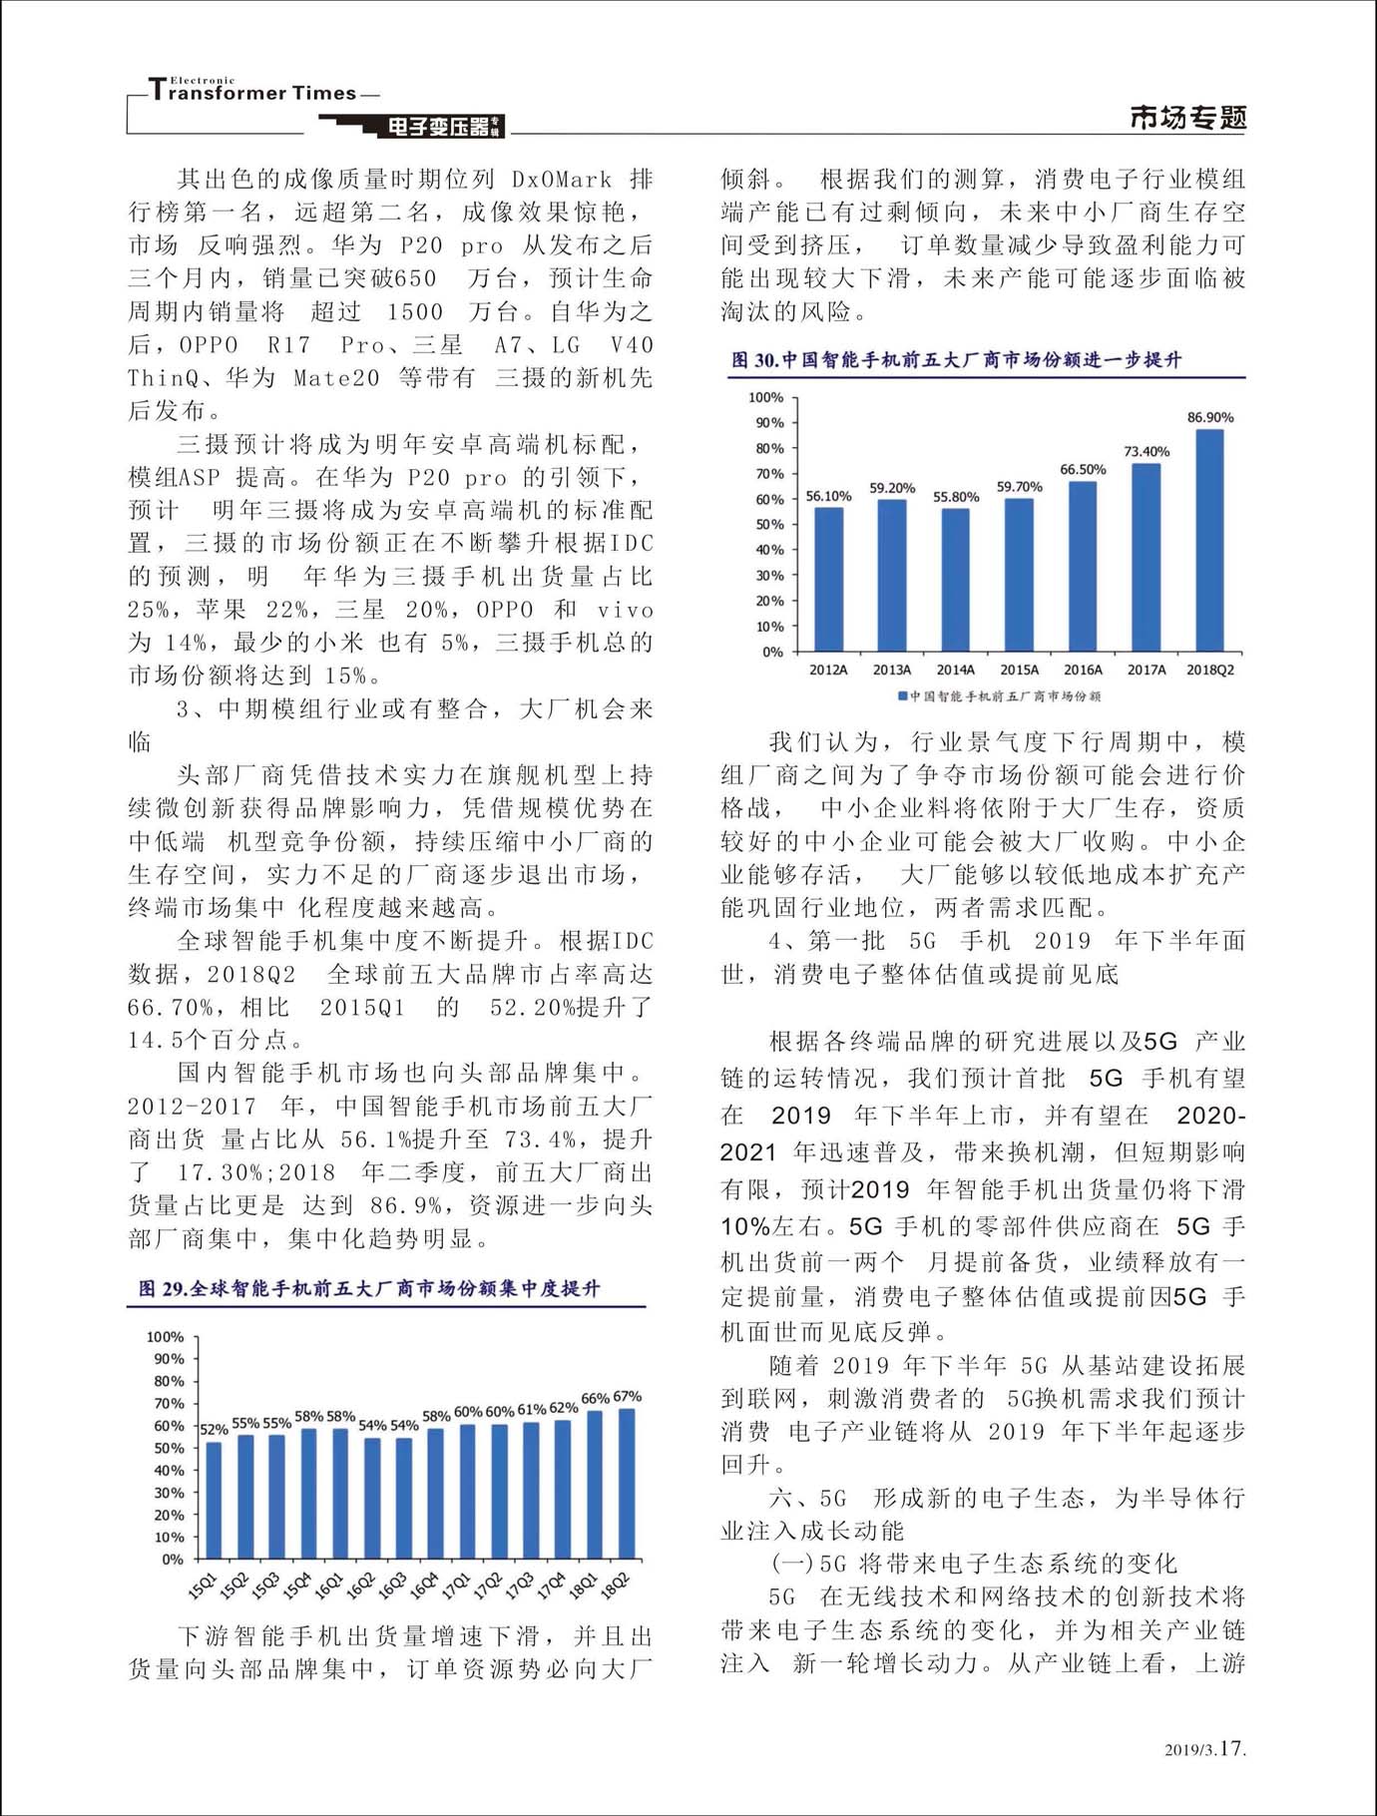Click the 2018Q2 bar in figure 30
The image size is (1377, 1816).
pyautogui.click(x=1209, y=541)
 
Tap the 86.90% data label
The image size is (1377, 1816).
pyautogui.click(x=1210, y=417)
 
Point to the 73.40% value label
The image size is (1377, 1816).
pyautogui.click(x=1147, y=451)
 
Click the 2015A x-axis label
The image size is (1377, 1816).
pyautogui.click(x=1019, y=670)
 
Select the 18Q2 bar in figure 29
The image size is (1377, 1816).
pyautogui.click(x=627, y=1484)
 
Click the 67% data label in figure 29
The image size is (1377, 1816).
pyautogui.click(x=628, y=1396)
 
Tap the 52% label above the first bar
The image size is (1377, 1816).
pyautogui.click(x=214, y=1430)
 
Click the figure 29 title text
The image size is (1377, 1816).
pyautogui.click(x=369, y=1288)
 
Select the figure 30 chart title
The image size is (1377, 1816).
pyautogui.click(x=956, y=359)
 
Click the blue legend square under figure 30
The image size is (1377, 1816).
pyautogui.click(x=902, y=695)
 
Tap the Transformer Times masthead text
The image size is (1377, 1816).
pyautogui.click(x=253, y=92)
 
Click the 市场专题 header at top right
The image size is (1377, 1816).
pyautogui.click(x=1187, y=118)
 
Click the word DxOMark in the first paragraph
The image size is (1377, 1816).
pyautogui.click(x=562, y=180)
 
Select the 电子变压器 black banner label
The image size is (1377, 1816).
pyautogui.click(x=439, y=127)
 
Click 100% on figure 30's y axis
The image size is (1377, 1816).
pyautogui.click(x=765, y=397)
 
